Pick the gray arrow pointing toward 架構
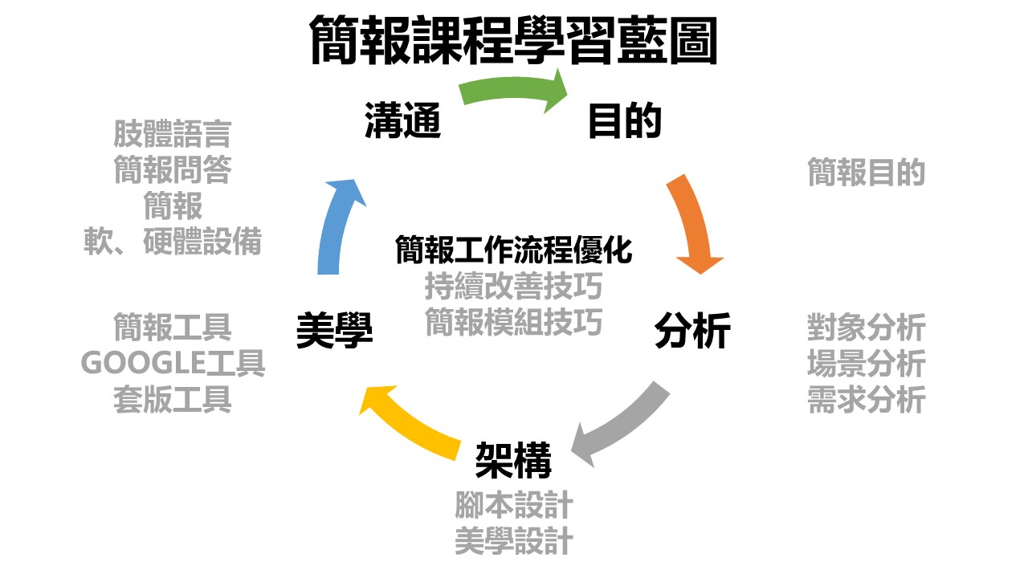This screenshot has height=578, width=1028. pyautogui.click(x=622, y=425)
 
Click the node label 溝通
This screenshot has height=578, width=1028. pyautogui.click(x=402, y=121)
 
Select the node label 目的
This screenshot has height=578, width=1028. pyautogui.click(x=625, y=121)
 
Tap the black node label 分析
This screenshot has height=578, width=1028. pyautogui.click(x=692, y=331)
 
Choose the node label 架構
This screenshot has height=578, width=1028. pyautogui.click(x=513, y=460)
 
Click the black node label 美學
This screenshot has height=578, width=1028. pyautogui.click(x=334, y=331)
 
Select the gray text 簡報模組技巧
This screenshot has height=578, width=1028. pyautogui.click(x=514, y=322)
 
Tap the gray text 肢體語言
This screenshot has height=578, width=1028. pyautogui.click(x=173, y=134)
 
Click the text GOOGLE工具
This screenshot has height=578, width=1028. pyautogui.click(x=173, y=364)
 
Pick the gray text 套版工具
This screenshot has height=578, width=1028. pyautogui.click(x=173, y=399)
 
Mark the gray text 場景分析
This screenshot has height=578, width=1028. pyautogui.click(x=866, y=364)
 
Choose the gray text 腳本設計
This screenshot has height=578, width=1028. pyautogui.click(x=513, y=506)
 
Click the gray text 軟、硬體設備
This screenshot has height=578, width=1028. pyautogui.click(x=173, y=242)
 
